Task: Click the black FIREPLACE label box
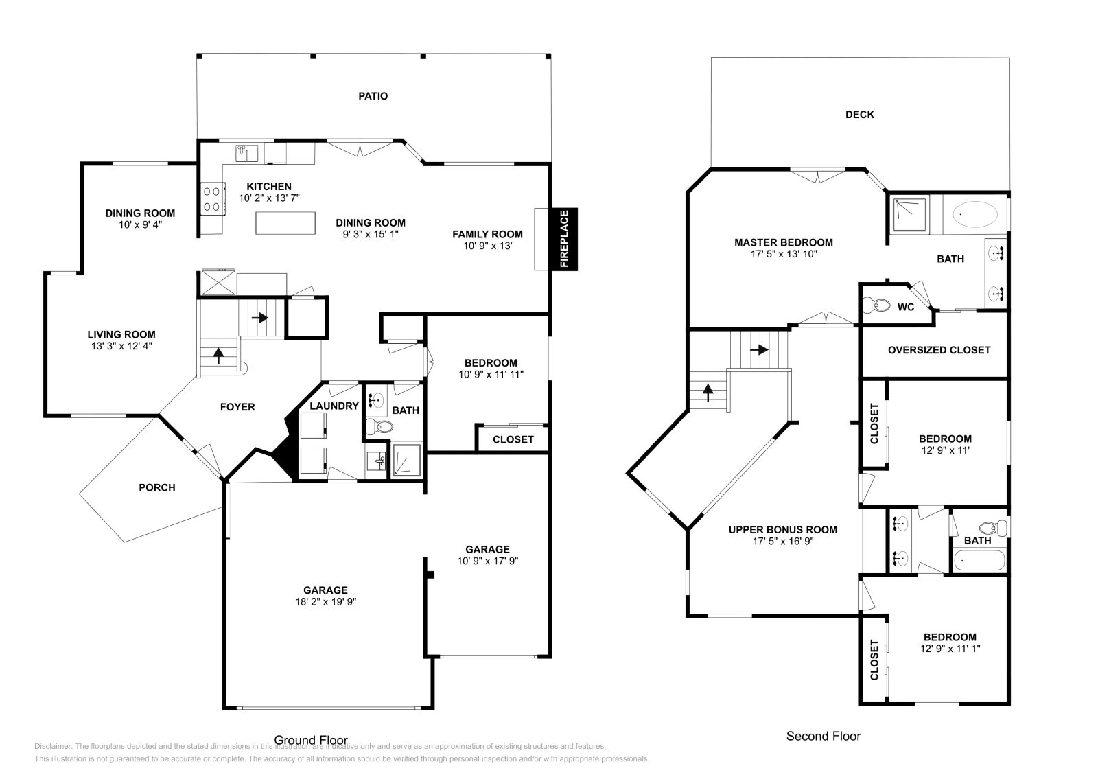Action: pos(564,239)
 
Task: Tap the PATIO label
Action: pos(373,96)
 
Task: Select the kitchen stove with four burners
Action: pos(212,198)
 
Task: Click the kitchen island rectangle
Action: pos(285,223)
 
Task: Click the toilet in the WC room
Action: pos(876,305)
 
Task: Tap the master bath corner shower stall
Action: pos(909,214)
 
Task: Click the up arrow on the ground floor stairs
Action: pos(218,355)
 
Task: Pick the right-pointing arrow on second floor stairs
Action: pos(758,349)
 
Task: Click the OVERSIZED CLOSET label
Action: pos(939,350)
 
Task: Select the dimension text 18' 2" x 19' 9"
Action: pos(326,602)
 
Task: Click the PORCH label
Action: pos(157,487)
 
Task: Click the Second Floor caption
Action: pos(823,736)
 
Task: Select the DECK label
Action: pos(859,115)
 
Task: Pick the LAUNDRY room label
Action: pos(334,406)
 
